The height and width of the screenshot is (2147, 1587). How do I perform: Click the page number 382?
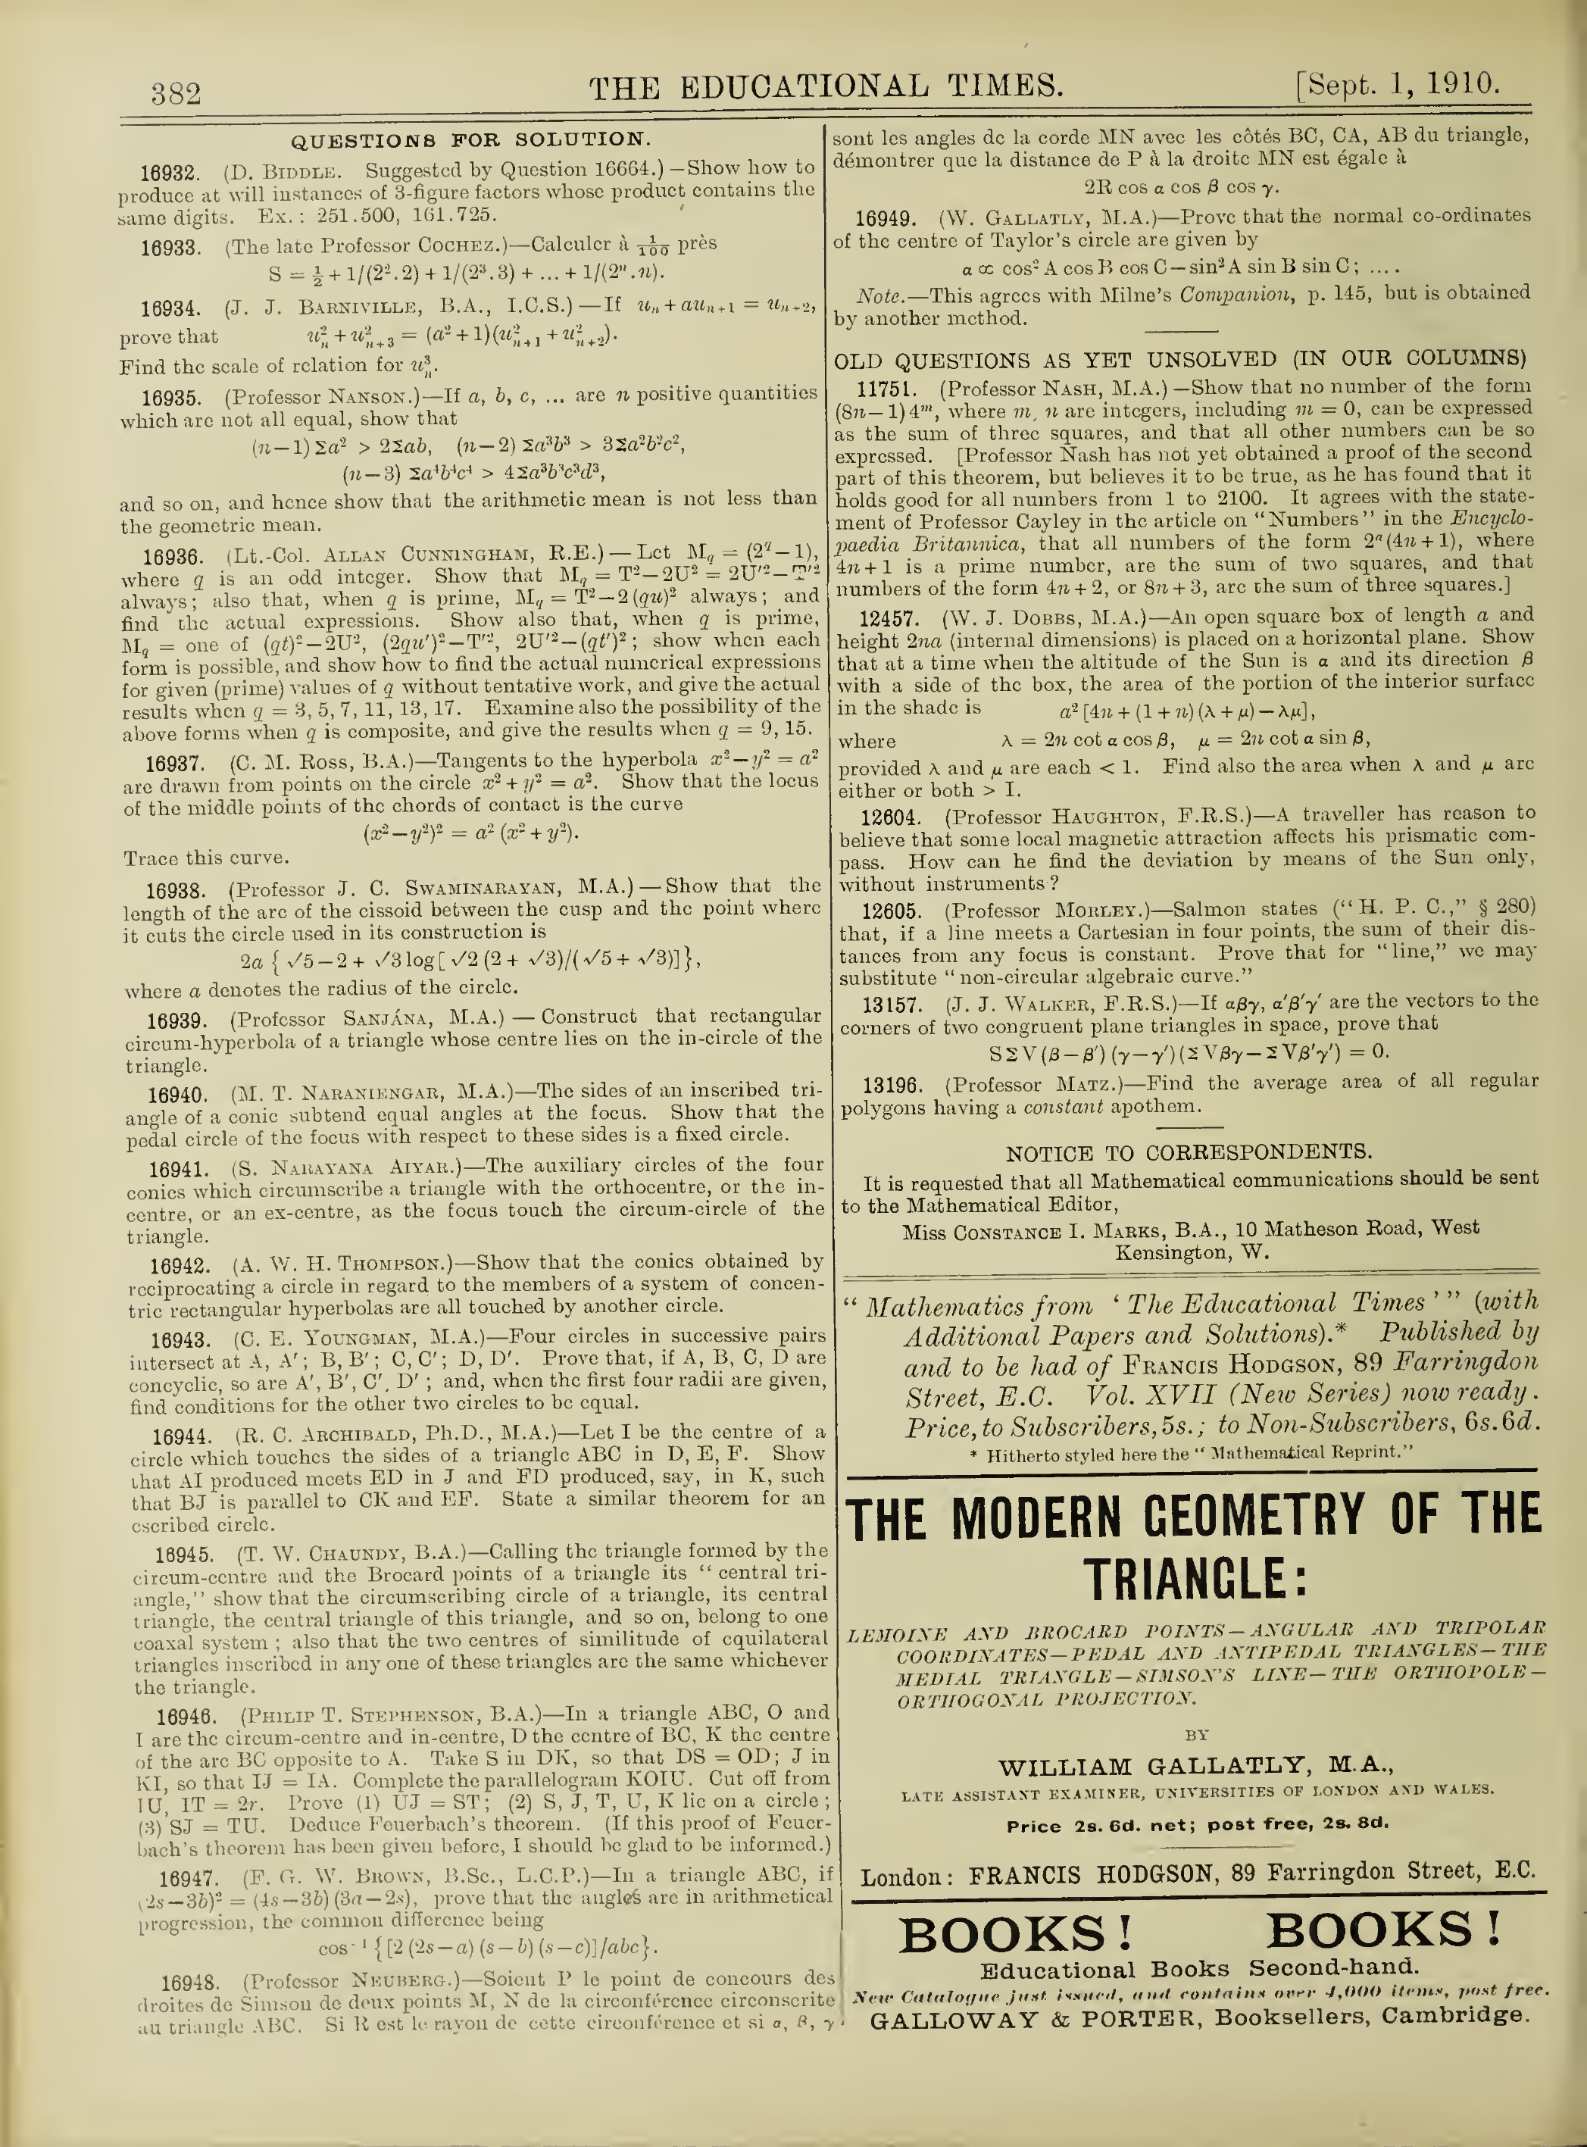click(x=176, y=93)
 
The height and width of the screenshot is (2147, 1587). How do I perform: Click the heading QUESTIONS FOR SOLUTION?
click(x=470, y=141)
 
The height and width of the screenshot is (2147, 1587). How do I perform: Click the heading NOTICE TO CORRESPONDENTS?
click(x=1189, y=1153)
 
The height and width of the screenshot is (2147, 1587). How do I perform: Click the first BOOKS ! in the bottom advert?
click(x=1015, y=1936)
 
